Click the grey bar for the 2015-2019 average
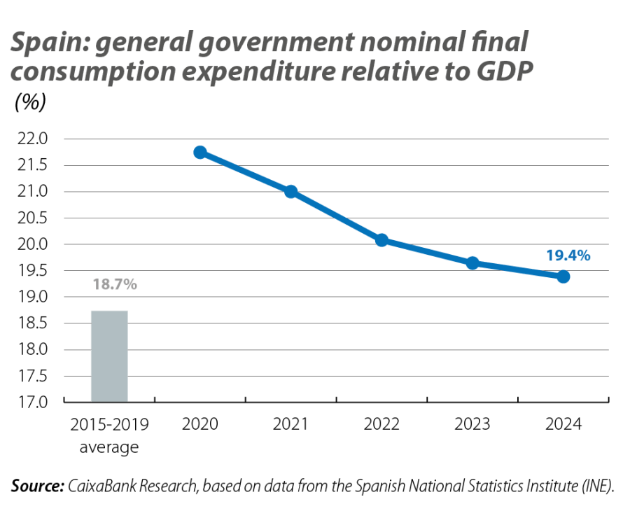109,356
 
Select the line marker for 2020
200,153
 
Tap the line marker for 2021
291,192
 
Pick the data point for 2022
382,240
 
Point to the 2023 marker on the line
473,263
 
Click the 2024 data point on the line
563,277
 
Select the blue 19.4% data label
568,256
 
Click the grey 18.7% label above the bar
114,284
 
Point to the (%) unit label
30,102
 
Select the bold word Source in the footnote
37,486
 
